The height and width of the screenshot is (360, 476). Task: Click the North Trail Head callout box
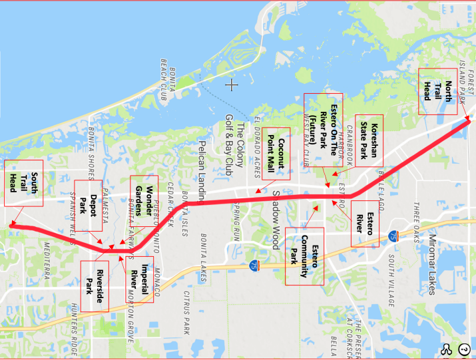coord(436,91)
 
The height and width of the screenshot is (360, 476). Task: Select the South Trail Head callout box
coord(22,183)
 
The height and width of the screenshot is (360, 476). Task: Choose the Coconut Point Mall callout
coord(276,153)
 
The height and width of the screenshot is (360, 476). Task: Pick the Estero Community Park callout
coord(304,256)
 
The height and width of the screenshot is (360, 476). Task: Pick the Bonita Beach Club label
coord(167,83)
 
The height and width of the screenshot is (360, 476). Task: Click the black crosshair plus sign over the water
coord(231,85)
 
